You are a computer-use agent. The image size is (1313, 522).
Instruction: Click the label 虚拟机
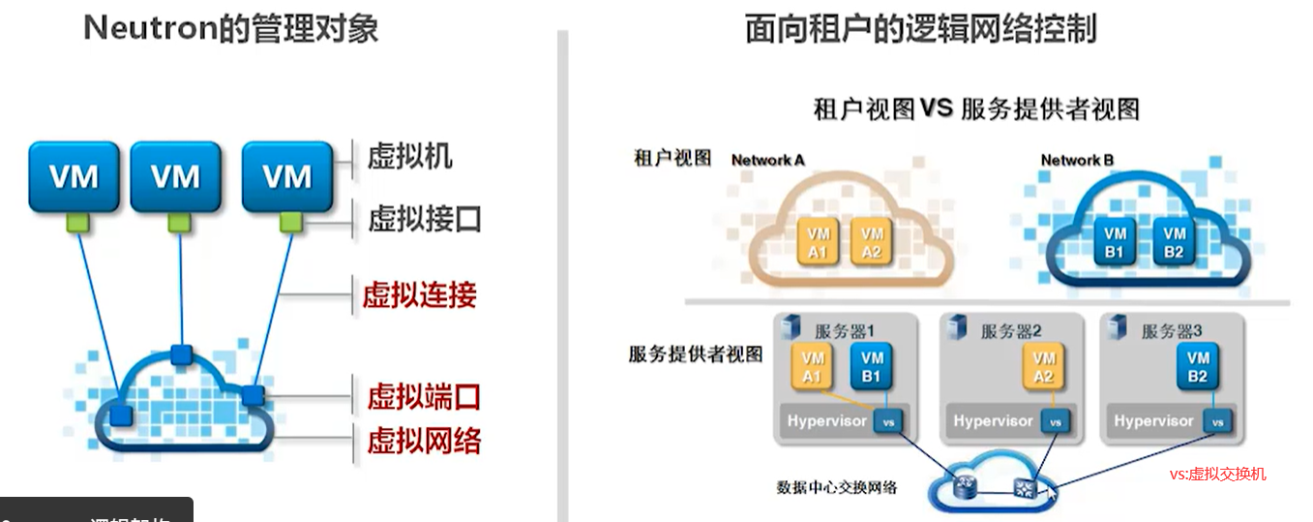point(409,156)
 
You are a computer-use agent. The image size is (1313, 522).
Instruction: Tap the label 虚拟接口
point(424,219)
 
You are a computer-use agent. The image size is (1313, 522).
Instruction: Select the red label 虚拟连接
point(420,294)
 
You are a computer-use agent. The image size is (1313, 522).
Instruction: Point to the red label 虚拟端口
point(424,396)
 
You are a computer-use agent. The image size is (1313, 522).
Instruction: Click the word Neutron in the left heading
point(147,28)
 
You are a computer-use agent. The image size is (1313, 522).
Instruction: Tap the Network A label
point(768,160)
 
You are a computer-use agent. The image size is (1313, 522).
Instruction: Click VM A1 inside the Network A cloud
point(819,243)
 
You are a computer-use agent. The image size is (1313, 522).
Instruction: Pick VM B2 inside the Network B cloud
point(1175,243)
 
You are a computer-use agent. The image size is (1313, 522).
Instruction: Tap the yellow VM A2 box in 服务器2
point(1043,366)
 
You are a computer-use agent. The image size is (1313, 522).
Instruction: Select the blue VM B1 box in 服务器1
point(871,366)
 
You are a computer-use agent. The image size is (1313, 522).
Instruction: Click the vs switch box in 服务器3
point(1220,421)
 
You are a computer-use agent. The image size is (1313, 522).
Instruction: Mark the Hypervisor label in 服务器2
point(993,421)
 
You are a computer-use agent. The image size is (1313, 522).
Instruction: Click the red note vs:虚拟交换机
point(1217,474)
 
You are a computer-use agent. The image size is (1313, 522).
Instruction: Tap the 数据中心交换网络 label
point(837,487)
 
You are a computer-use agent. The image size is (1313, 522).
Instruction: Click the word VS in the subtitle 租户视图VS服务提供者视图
point(937,107)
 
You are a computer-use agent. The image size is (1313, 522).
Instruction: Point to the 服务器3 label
point(1172,331)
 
